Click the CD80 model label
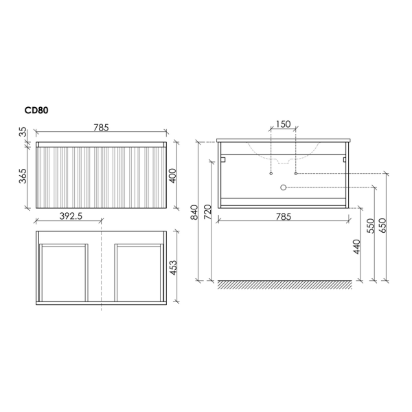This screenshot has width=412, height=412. (36, 111)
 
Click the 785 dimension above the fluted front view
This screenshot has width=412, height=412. (101, 128)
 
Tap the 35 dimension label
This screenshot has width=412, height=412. (23, 132)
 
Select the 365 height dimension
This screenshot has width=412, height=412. (23, 176)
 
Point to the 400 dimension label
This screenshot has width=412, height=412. (172, 176)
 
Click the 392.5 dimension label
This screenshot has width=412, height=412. (71, 216)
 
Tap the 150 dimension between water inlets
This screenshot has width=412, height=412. (283, 124)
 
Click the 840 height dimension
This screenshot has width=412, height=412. (194, 212)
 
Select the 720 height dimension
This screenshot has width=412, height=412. (208, 211)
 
